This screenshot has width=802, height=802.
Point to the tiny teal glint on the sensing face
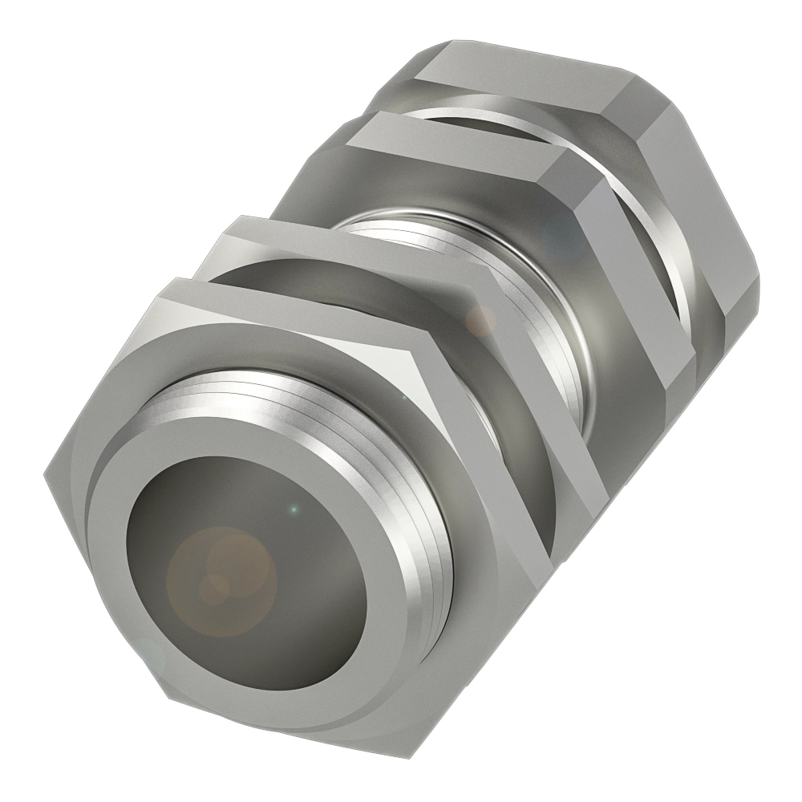coord(294,508)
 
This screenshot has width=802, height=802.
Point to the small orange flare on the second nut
coord(481,321)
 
